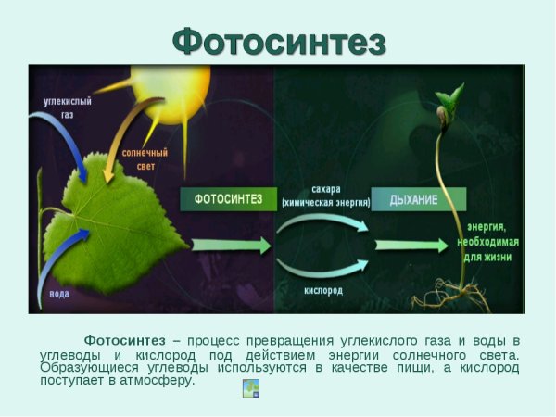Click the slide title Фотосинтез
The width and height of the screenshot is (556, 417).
(279, 39)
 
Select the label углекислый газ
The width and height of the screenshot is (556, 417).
(67, 106)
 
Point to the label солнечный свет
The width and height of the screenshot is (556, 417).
(145, 158)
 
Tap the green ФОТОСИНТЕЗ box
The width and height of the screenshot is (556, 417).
(229, 198)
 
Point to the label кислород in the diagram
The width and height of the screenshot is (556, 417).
(323, 291)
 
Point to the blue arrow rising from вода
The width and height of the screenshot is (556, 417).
(60, 259)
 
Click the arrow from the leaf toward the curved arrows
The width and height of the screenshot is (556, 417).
(231, 246)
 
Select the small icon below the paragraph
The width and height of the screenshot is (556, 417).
(250, 388)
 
